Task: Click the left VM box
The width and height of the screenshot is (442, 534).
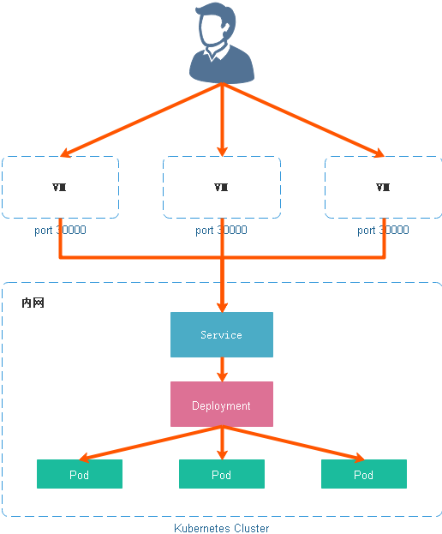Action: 60,188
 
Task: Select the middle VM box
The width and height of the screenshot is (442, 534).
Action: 222,188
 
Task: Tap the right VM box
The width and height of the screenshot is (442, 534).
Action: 383,188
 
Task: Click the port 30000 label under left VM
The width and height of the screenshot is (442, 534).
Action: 60,230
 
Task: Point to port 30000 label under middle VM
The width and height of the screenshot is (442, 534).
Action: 221,230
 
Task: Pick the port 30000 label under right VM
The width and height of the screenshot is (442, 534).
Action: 383,230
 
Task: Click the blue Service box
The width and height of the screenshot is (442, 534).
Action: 222,334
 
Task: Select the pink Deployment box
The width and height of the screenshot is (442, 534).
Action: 222,405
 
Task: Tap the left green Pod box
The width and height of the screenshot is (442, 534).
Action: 80,474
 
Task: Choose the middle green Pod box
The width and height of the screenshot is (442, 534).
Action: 222,474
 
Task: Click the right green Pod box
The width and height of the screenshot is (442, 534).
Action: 364,474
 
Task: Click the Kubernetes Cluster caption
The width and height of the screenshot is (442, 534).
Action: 222,528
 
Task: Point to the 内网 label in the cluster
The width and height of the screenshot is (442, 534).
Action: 33,303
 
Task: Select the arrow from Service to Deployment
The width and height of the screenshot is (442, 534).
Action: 222,369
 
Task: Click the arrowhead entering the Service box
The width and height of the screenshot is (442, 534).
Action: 222,305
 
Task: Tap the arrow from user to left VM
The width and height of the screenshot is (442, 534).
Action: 141,121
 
